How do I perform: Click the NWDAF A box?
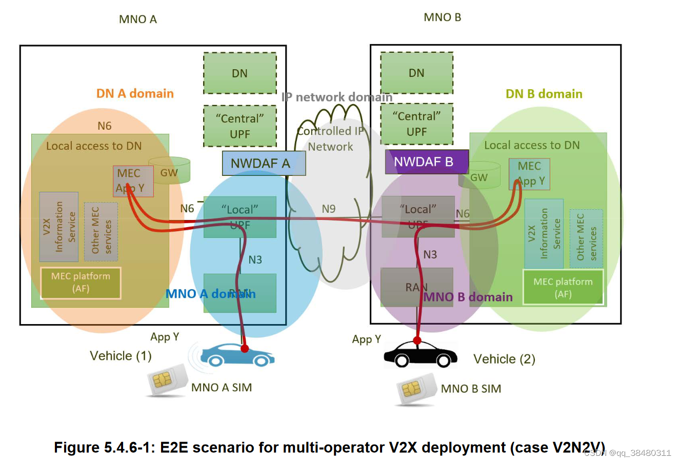264,163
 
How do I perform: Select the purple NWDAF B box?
426,162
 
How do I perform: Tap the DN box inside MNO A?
239,73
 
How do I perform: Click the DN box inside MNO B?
416,73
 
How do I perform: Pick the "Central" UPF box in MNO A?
239,126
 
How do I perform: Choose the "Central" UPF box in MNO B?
416,124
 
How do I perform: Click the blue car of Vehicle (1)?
236,355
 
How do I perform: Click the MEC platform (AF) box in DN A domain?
81,283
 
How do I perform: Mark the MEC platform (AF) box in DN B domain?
563,288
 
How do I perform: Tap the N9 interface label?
328,209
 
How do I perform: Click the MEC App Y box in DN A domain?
133,181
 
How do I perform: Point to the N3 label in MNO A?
255,260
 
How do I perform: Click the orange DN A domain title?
135,93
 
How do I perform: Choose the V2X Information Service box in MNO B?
544,233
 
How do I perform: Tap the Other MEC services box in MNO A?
101,231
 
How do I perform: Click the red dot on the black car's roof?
417,340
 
